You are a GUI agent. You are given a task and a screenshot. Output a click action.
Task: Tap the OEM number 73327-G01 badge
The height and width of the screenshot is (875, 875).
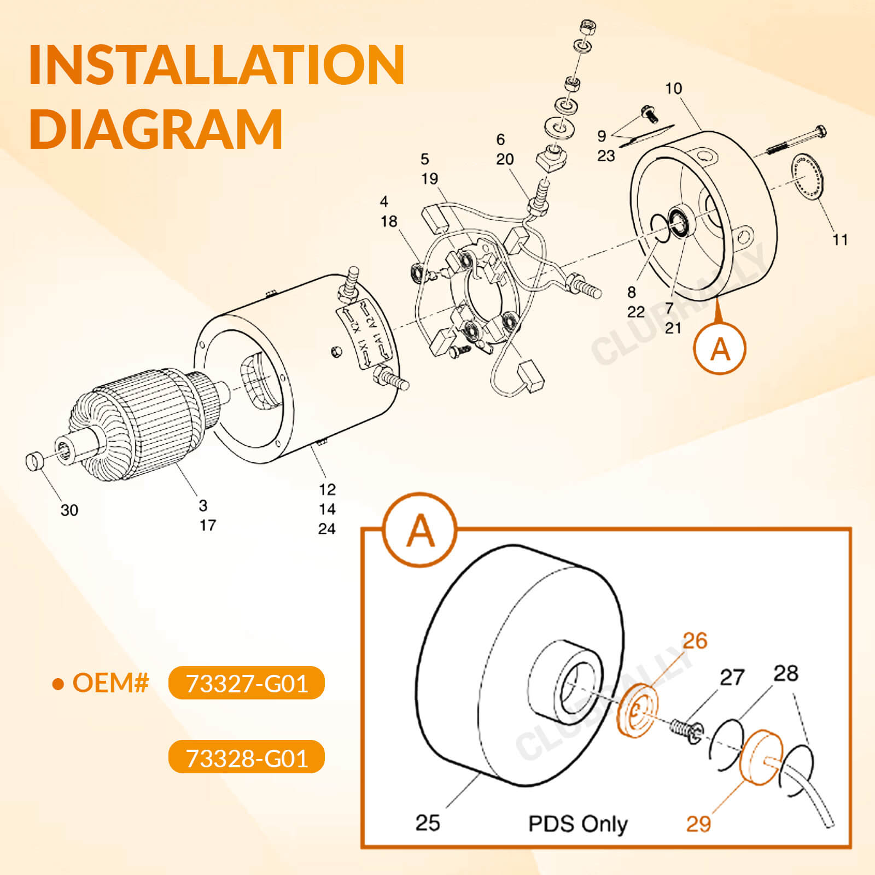pyautogui.click(x=247, y=683)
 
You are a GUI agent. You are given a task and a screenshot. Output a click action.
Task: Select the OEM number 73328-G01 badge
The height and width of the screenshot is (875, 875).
pyautogui.click(x=247, y=757)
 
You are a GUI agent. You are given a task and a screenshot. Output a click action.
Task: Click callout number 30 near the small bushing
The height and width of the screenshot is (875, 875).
pyautogui.click(x=69, y=510)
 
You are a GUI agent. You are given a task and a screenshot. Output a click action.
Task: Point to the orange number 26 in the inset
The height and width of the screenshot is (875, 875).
pyautogui.click(x=695, y=640)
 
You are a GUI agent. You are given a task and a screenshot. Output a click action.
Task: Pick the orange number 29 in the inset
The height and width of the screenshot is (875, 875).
pyautogui.click(x=698, y=824)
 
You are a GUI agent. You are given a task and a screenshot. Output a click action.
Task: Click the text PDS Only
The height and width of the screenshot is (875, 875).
pyautogui.click(x=578, y=824)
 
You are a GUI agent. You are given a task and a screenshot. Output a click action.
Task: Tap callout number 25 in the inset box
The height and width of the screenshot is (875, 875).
pyautogui.click(x=427, y=822)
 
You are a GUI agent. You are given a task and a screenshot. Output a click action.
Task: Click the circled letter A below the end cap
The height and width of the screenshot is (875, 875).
pyautogui.click(x=720, y=348)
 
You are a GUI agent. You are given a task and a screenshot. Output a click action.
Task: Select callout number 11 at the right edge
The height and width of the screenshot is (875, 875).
pyautogui.click(x=839, y=240)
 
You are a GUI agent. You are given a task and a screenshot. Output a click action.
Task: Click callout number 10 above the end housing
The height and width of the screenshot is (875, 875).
pyautogui.click(x=673, y=89)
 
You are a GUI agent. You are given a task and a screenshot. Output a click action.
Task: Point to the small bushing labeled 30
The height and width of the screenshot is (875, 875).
pyautogui.click(x=34, y=460)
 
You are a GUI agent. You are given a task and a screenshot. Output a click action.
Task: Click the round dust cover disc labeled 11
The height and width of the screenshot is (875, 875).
pyautogui.click(x=809, y=177)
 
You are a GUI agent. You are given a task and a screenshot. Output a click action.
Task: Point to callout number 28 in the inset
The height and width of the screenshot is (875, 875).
pyautogui.click(x=785, y=673)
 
